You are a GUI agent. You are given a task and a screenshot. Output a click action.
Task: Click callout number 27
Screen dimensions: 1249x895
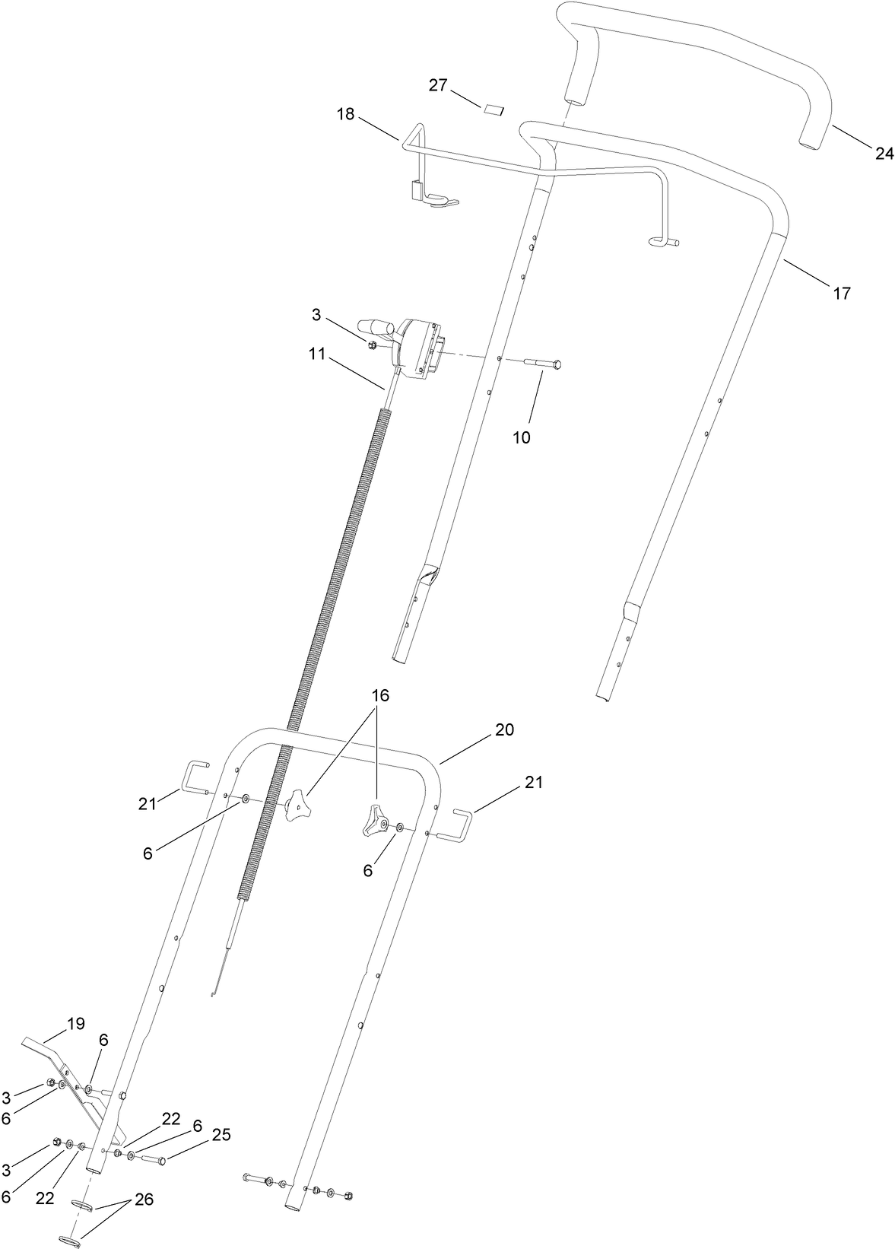[x=437, y=84]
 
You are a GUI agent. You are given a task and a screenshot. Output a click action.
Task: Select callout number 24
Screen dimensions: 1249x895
[x=884, y=153]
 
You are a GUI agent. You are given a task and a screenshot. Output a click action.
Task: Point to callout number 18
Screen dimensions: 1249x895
[x=346, y=114]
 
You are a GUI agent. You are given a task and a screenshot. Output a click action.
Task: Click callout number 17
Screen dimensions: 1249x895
[x=842, y=292]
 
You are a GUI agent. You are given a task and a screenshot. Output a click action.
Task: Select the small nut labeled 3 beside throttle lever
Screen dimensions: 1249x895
[x=371, y=346]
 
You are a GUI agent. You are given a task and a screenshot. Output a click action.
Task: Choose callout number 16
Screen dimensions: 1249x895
[x=380, y=694]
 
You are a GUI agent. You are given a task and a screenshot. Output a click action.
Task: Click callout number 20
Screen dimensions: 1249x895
[x=504, y=729]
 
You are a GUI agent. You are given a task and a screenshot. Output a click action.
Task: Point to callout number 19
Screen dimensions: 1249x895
[x=75, y=1023]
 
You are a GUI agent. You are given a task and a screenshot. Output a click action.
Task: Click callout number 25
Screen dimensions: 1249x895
[x=221, y=1135]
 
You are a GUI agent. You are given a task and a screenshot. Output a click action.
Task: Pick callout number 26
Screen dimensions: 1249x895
[x=144, y=1200]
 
